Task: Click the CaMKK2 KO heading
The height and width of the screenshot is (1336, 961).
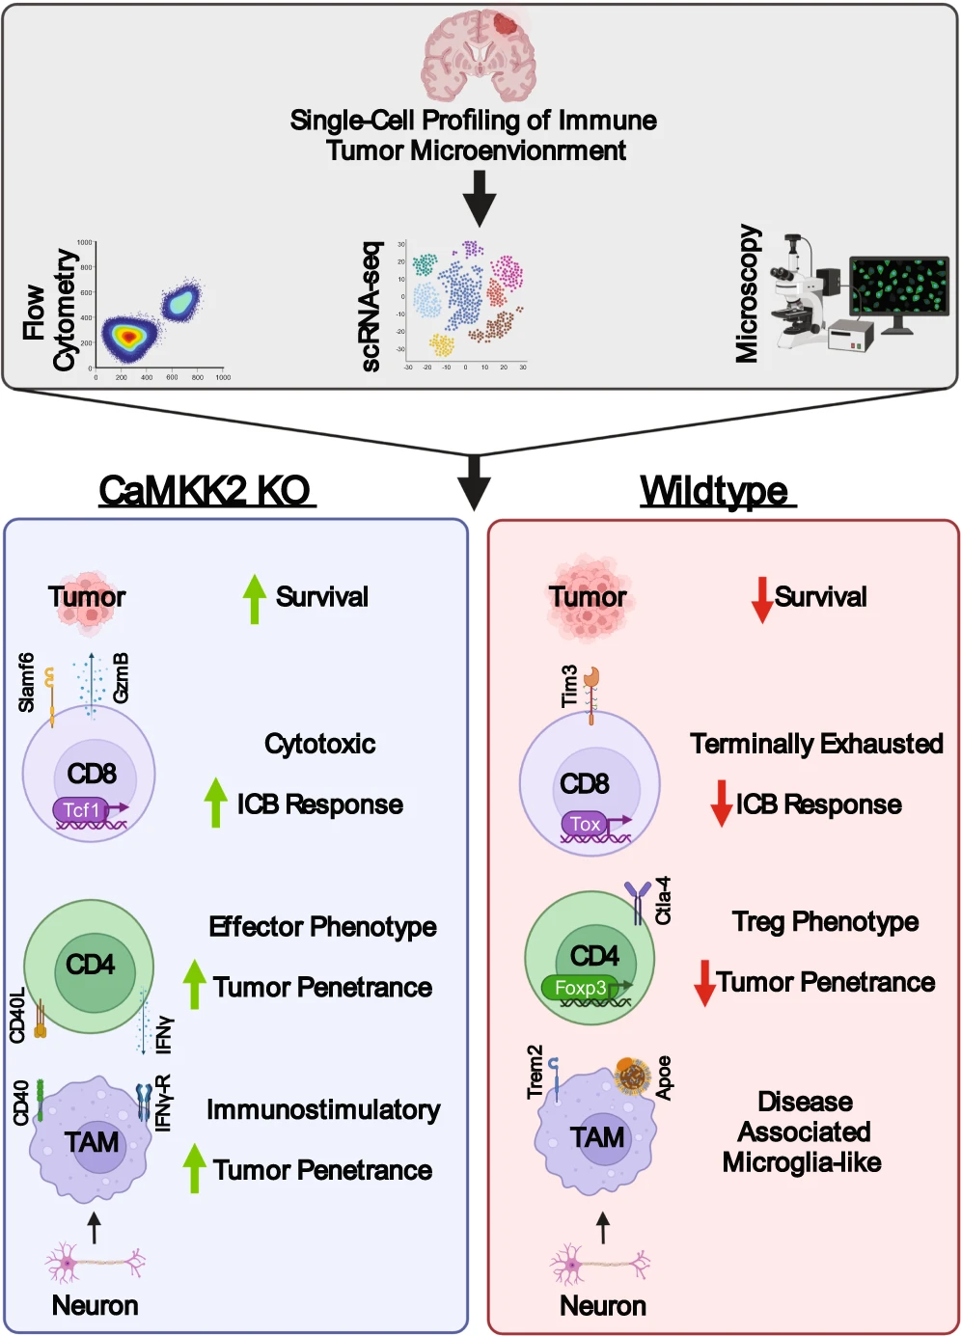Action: click(x=206, y=491)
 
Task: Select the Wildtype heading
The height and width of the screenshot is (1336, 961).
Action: click(x=715, y=491)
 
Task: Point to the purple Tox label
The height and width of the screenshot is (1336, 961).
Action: click(x=586, y=824)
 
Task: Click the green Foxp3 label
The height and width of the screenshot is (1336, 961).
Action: click(x=581, y=988)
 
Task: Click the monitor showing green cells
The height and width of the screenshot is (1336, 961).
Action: click(x=899, y=286)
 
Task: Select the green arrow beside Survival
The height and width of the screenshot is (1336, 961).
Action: click(x=254, y=598)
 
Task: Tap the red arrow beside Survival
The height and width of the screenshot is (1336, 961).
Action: click(x=762, y=599)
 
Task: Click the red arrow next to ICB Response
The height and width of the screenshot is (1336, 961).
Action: click(x=721, y=804)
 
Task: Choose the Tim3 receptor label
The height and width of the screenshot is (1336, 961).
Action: click(x=569, y=686)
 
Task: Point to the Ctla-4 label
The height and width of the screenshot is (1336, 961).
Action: click(x=664, y=901)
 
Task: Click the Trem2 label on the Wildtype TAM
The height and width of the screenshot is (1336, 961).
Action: click(x=535, y=1072)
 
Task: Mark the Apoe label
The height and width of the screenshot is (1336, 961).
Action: click(x=664, y=1077)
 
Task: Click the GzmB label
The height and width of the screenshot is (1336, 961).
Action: click(x=122, y=678)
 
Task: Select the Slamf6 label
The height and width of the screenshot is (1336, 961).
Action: click(x=27, y=682)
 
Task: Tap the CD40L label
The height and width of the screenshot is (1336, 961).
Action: click(x=17, y=1016)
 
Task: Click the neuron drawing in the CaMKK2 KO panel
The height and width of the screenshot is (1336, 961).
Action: click(x=95, y=1263)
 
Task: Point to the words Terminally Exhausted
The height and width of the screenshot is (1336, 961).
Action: click(x=816, y=744)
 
